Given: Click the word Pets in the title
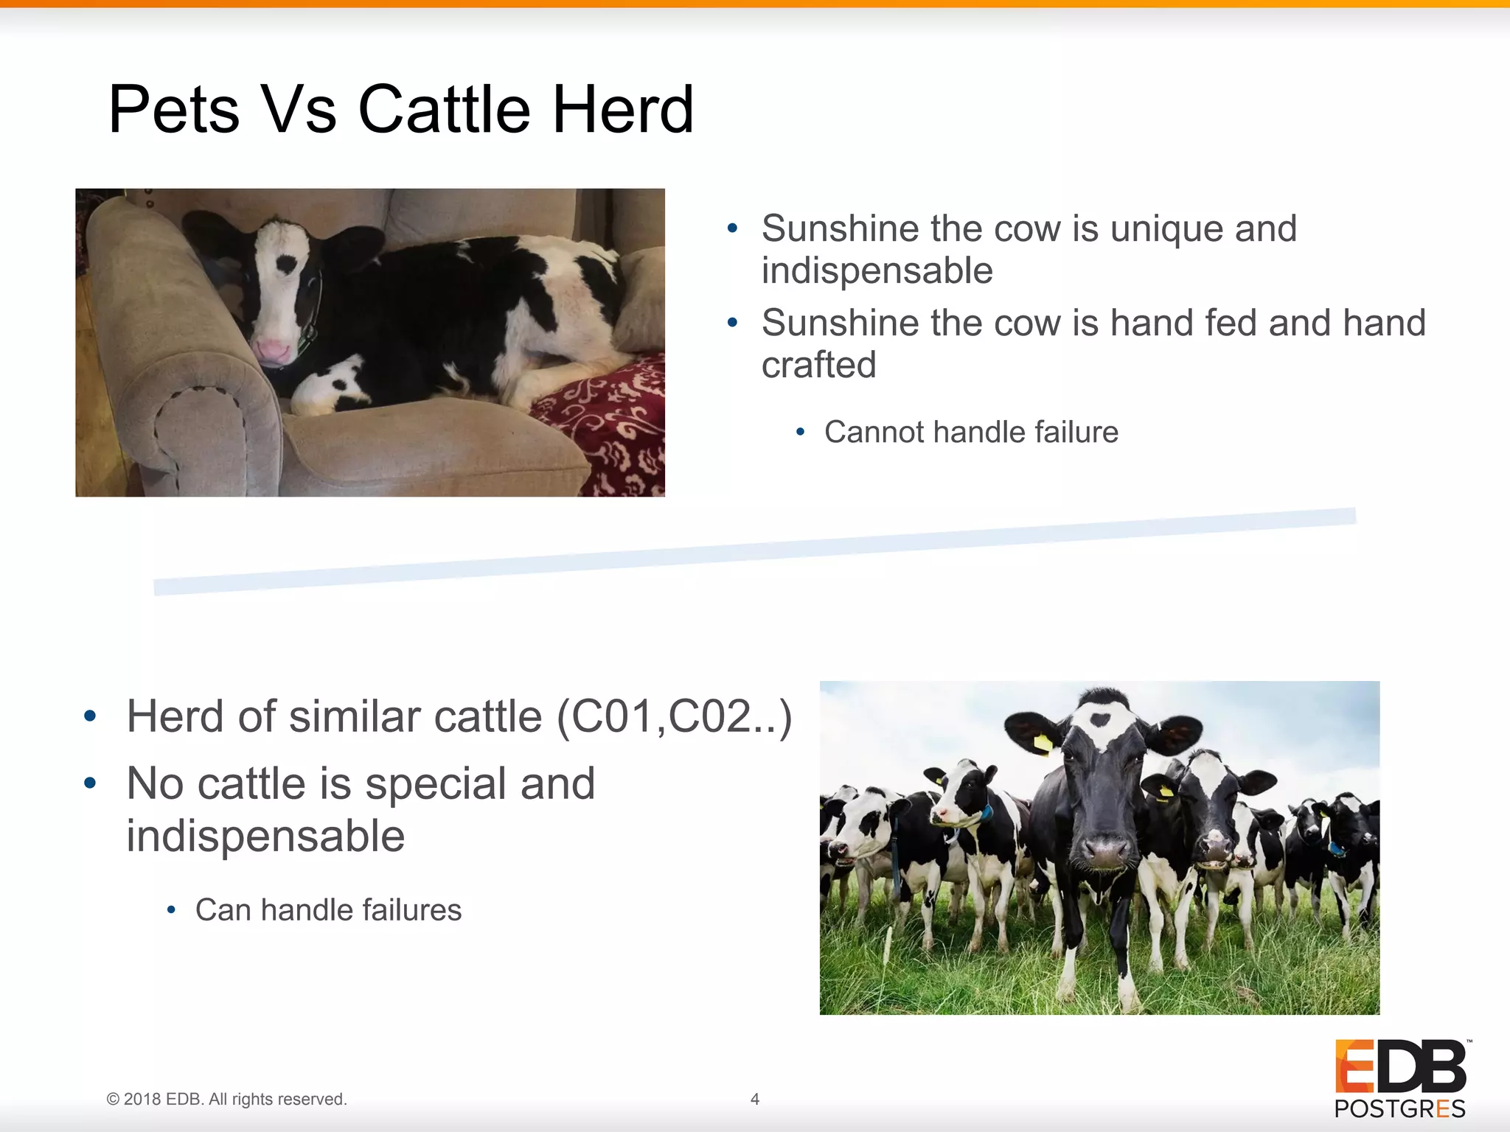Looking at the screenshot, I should click(x=174, y=110).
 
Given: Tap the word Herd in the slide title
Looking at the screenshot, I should click(x=623, y=110).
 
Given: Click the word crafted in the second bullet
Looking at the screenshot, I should click(x=818, y=365).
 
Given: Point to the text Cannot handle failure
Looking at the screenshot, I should click(x=970, y=432).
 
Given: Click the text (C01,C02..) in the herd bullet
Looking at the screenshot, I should click(x=674, y=716).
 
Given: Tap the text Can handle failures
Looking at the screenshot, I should click(x=328, y=910).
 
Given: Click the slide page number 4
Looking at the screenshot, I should click(x=754, y=1099).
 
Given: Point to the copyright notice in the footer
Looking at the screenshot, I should click(x=226, y=1099).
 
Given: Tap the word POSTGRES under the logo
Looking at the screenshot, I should click(x=1399, y=1109).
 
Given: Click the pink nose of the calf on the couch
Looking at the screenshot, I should click(x=271, y=352).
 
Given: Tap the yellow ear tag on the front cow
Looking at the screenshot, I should click(x=1043, y=743).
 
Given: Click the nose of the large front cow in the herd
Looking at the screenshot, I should click(x=1104, y=851).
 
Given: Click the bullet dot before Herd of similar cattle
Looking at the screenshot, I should click(x=90, y=716).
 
